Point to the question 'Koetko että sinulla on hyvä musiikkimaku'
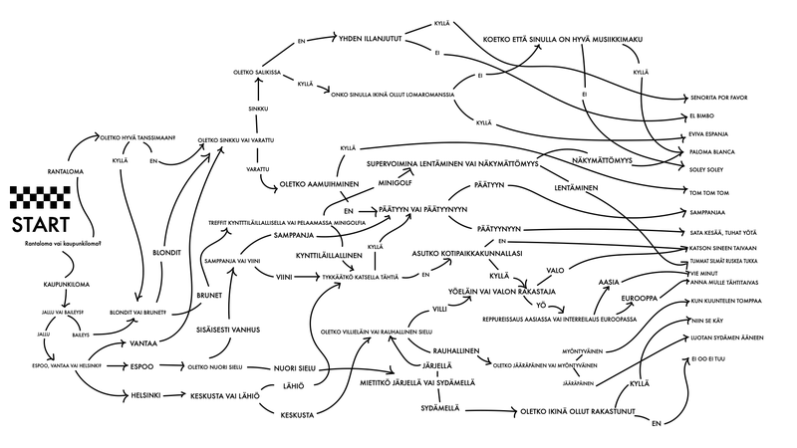(560, 39)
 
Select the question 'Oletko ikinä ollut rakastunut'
(587, 409)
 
